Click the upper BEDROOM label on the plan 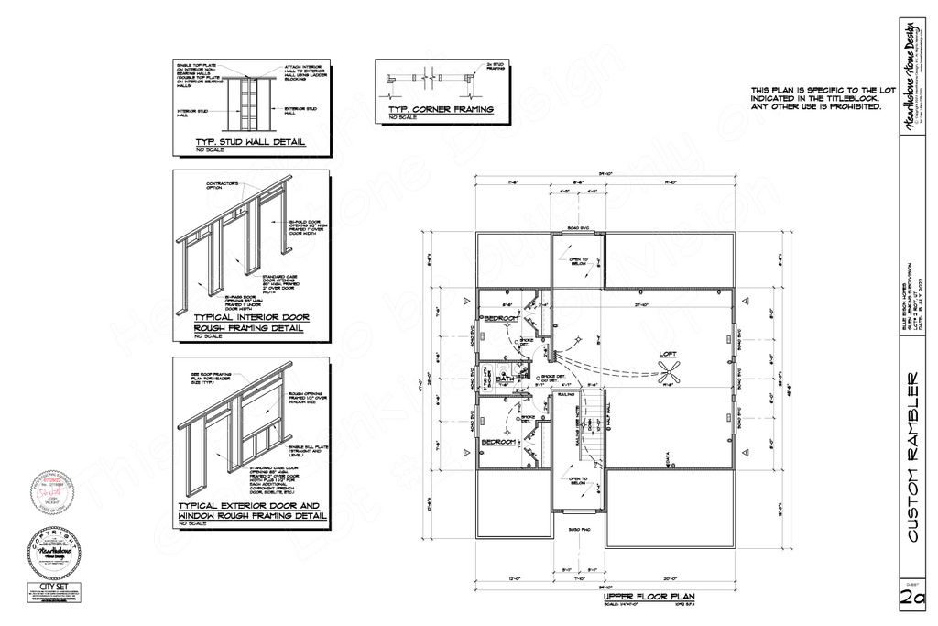click(x=501, y=318)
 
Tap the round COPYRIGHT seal click(x=57, y=550)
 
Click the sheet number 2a click(x=912, y=597)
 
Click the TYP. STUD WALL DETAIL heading click(x=250, y=143)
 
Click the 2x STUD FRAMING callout click(x=496, y=67)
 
